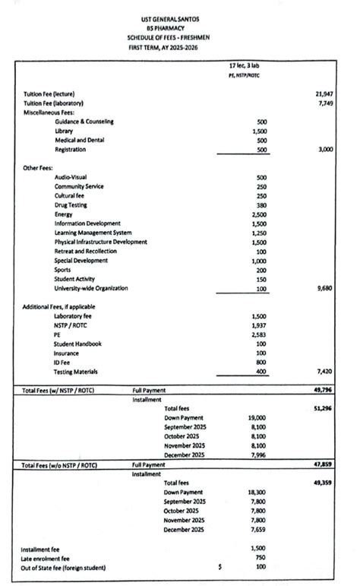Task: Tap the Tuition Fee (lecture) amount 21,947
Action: pyautogui.click(x=324, y=94)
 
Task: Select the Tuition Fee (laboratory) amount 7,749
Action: pyautogui.click(x=326, y=103)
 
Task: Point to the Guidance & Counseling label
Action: pyautogui.click(x=84, y=122)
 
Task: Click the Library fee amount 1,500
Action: pyautogui.click(x=259, y=131)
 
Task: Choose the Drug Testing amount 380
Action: pyautogui.click(x=261, y=205)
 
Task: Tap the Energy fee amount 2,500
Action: pyautogui.click(x=259, y=214)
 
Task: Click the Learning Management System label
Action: pyautogui.click(x=93, y=233)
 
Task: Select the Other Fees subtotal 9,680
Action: pyautogui.click(x=324, y=289)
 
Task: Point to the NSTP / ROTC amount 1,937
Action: pyautogui.click(x=259, y=325)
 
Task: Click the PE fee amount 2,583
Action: pyautogui.click(x=259, y=334)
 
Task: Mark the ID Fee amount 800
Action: pyautogui.click(x=261, y=363)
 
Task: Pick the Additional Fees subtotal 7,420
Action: pyautogui.click(x=324, y=372)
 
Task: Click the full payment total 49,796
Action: pyautogui.click(x=324, y=391)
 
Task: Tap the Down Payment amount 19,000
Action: pyautogui.click(x=257, y=418)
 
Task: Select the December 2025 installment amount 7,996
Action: pyautogui.click(x=257, y=455)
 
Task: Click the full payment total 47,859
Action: pyautogui.click(x=324, y=464)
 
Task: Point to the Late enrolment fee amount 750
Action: pyautogui.click(x=261, y=557)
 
